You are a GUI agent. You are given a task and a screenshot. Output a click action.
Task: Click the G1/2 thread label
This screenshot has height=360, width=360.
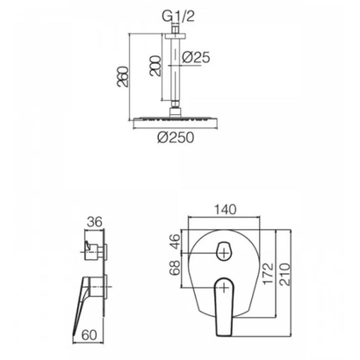coord(178,17)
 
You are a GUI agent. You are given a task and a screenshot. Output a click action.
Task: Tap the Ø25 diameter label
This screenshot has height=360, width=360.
coord(196,57)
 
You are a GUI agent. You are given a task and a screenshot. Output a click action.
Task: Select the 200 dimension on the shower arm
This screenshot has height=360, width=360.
coord(155,66)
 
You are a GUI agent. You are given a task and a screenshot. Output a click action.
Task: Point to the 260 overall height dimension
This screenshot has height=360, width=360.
coord(123,76)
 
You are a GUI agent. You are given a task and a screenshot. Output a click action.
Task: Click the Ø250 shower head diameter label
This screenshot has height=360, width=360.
coord(176,137)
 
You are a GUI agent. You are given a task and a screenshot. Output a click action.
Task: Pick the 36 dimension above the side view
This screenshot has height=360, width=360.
coord(95,222)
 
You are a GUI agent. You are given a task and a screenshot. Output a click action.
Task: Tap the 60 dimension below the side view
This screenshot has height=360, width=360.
coord(90,335)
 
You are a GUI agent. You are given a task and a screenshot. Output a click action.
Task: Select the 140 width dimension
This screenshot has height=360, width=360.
coord(225,210)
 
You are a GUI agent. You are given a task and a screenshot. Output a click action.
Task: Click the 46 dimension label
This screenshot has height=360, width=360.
coord(176,241)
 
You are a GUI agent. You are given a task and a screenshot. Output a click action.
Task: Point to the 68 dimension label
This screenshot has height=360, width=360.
coord(176,268)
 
